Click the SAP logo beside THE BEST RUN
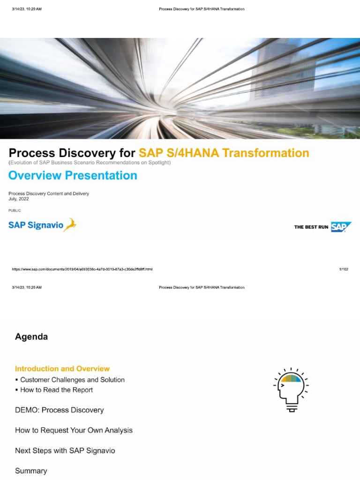[341, 227]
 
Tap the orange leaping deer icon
[70, 225]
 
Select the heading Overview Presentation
[73, 175]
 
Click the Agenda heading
[31, 337]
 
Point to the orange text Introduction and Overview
[62, 369]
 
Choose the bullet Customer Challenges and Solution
[72, 380]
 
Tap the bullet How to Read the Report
[56, 390]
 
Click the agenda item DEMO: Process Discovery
[60, 410]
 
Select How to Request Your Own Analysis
[74, 430]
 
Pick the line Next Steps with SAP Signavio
[65, 450]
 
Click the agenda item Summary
[31, 471]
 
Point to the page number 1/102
[344, 270]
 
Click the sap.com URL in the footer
[82, 270]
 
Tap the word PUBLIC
[15, 210]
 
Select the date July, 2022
[19, 199]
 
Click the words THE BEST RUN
[311, 227]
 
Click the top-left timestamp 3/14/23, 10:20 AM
[27, 9]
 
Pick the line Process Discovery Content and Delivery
[49, 194]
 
